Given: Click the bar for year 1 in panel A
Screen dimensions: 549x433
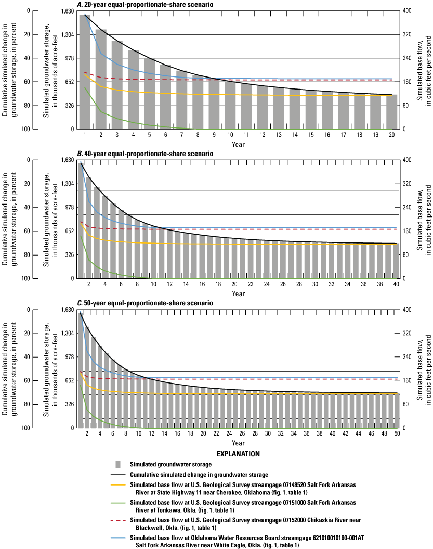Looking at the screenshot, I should (x=85, y=73).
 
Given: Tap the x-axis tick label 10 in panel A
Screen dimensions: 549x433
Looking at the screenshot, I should (x=230, y=135).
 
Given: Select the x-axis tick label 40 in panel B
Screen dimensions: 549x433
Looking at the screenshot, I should (x=396, y=285).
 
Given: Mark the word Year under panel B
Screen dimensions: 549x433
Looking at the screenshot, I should (x=238, y=294).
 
